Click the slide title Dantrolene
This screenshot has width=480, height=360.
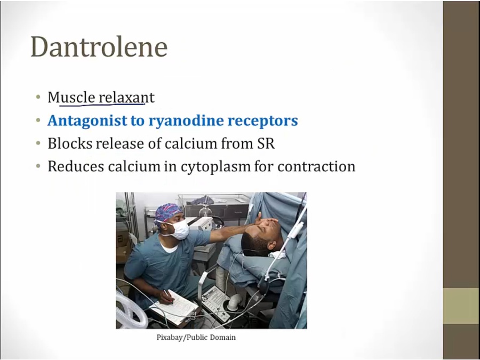pyautogui.click(x=99, y=47)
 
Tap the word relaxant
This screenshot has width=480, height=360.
pyautogui.click(x=127, y=98)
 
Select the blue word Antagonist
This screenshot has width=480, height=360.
pyautogui.click(x=87, y=121)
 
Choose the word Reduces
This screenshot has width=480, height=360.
pyautogui.click(x=76, y=166)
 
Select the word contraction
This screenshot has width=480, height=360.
pyautogui.click(x=316, y=166)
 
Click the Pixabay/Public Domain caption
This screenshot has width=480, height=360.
pyautogui.click(x=196, y=338)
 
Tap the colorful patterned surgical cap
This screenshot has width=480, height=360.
pyautogui.click(x=168, y=212)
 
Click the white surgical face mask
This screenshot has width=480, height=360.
pyautogui.click(x=179, y=229)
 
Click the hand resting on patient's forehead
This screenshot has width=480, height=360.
pyautogui.click(x=266, y=221)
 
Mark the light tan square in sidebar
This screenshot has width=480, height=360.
pyautogui.click(x=461, y=306)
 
